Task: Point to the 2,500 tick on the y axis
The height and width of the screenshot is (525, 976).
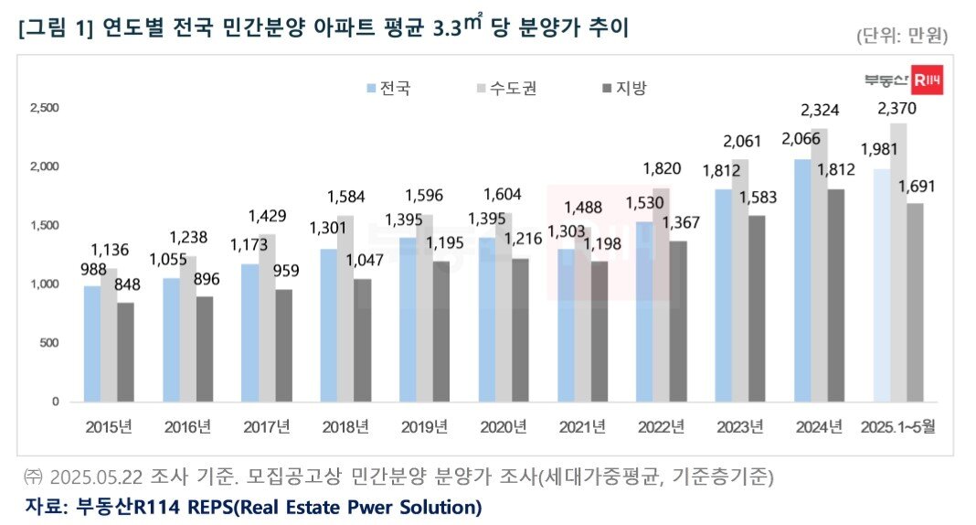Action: pos(45,108)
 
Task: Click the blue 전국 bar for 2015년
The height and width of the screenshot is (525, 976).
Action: pos(91,344)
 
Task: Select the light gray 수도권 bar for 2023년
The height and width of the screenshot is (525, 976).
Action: pos(740,280)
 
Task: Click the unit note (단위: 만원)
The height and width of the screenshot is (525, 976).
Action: pos(901,37)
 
